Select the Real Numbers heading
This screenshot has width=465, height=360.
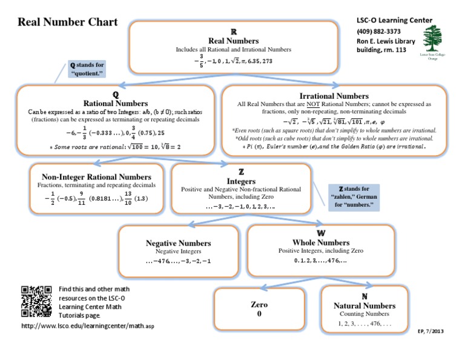tap(234, 40)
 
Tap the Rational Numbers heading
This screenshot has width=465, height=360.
tap(114, 104)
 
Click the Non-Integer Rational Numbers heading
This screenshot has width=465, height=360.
tap(96, 176)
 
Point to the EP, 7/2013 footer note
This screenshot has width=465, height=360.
tap(430, 330)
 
